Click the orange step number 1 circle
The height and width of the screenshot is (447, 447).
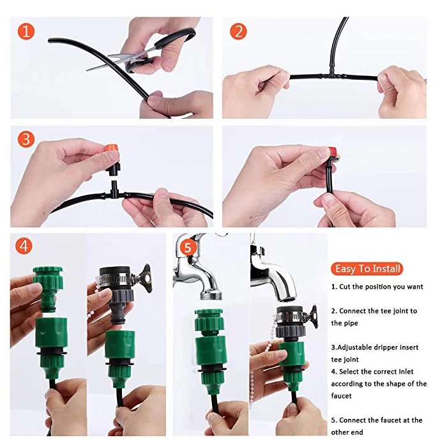pos(26,31)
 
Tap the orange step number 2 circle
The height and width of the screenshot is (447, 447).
pos(238,31)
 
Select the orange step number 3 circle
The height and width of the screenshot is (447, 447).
pos(26,139)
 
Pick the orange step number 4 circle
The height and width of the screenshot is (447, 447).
pos(24,245)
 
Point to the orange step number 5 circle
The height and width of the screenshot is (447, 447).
pos(187,247)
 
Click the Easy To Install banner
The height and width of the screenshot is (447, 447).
pos(367,269)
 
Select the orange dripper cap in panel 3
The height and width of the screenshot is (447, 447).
pos(112,149)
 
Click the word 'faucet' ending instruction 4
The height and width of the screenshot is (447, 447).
pos(341,396)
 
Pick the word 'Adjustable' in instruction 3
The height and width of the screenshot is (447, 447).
pos(352,348)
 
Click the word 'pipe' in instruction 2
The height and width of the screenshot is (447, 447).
pos(352,324)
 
